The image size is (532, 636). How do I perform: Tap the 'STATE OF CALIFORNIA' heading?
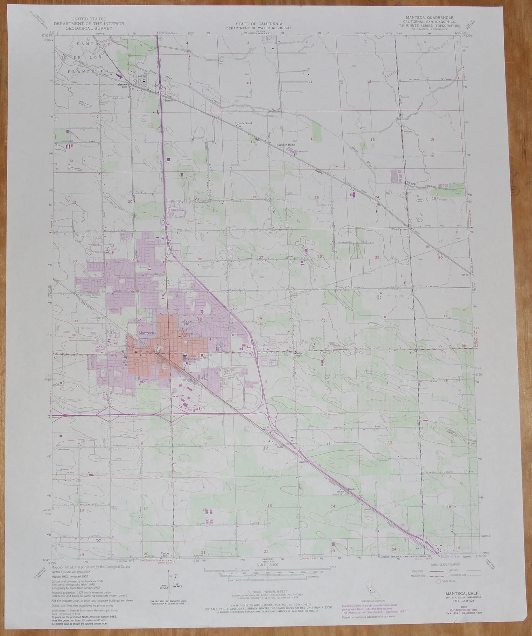tap(259, 24)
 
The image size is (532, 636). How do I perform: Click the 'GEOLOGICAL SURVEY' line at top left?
tap(89, 28)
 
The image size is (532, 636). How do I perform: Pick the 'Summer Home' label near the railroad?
tap(286, 145)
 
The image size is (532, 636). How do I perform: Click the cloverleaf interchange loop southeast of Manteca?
tap(272, 414)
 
